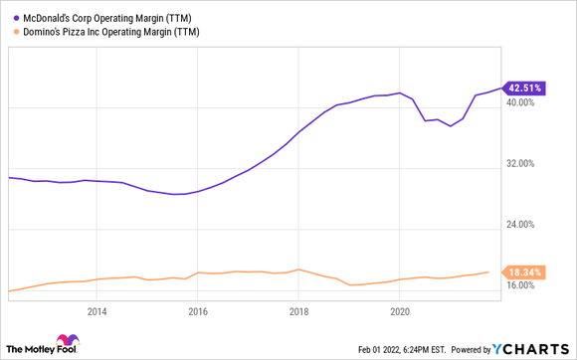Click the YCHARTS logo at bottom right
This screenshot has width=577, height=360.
(x=534, y=350)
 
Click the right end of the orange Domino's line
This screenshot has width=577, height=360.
(x=487, y=271)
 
